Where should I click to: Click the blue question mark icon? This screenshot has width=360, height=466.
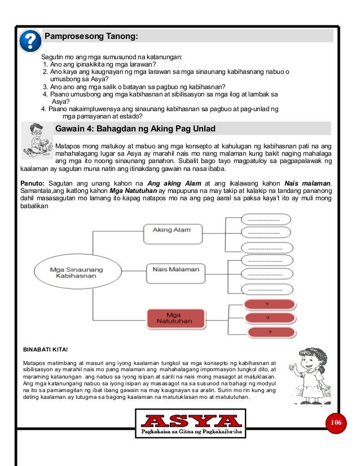click(x=30, y=40)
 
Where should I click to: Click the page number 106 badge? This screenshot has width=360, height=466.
click(x=337, y=423)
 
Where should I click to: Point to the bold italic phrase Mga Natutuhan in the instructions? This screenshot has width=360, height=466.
click(x=132, y=191)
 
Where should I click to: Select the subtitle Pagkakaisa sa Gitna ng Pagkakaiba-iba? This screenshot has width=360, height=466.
click(x=191, y=432)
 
